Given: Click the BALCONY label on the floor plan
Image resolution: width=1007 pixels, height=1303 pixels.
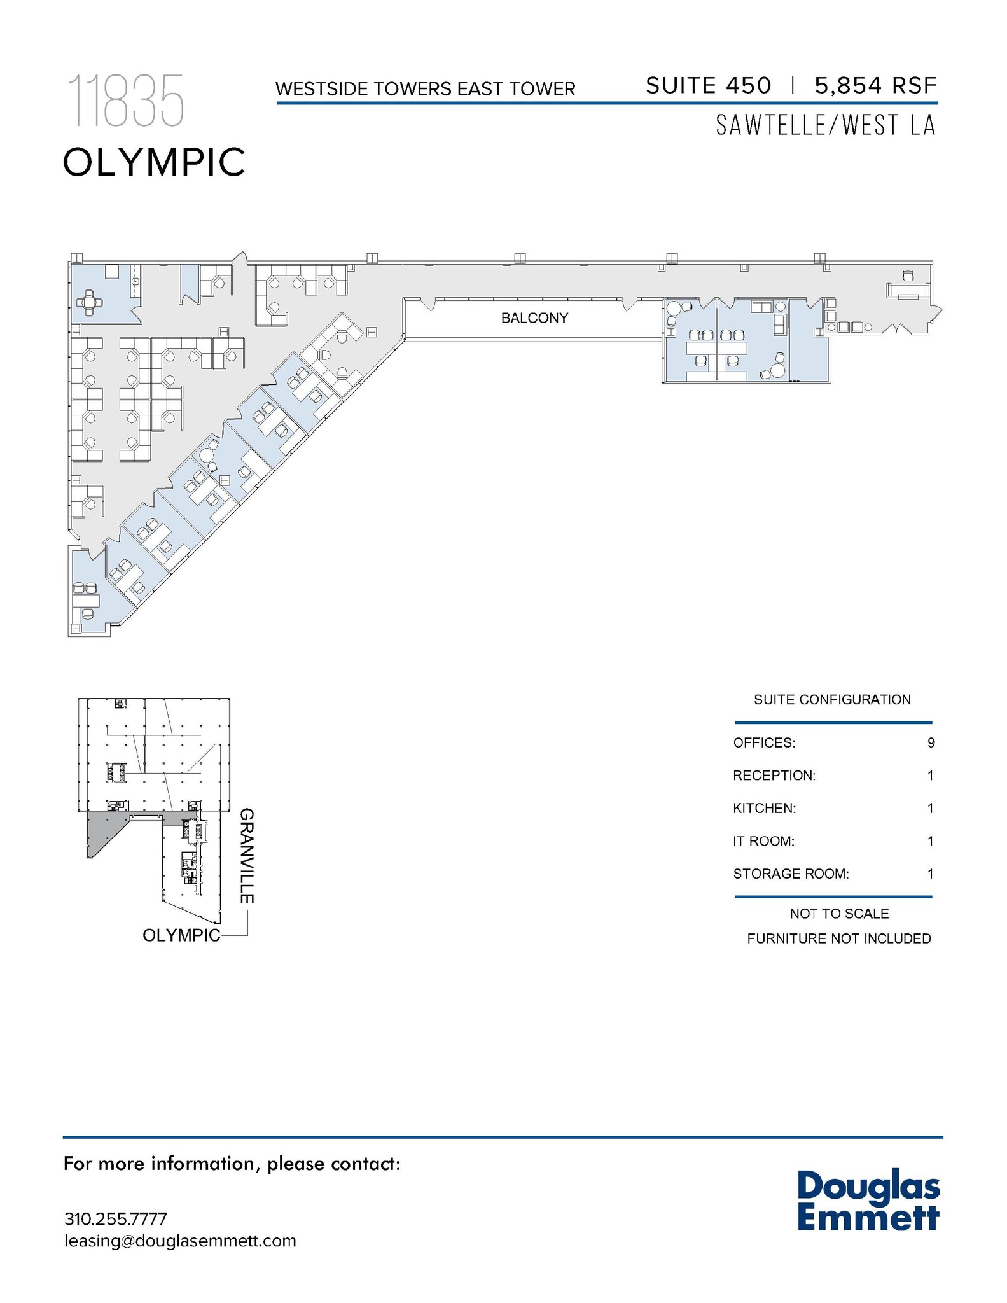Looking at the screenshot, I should (534, 318).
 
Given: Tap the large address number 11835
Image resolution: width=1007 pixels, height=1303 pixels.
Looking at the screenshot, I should (125, 101).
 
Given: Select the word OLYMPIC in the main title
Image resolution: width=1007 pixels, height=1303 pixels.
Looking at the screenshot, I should (154, 162).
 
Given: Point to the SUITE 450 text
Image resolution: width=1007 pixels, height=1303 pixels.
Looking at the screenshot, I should (708, 85).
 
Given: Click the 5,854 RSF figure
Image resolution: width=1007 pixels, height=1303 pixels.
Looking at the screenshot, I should (875, 85).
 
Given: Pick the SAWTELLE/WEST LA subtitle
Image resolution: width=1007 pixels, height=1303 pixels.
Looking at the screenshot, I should (826, 125).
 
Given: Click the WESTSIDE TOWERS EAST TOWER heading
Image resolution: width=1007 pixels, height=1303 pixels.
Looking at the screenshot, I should (426, 89).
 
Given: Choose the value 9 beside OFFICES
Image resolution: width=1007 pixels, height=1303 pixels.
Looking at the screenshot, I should (931, 742).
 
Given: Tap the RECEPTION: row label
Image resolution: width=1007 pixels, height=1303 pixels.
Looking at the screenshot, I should (774, 776).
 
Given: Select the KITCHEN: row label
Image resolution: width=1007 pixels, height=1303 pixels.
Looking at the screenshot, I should (765, 809).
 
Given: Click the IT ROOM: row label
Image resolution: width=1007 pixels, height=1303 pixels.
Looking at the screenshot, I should (763, 841).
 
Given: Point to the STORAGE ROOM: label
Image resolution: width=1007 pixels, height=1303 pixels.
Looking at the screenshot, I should (791, 874).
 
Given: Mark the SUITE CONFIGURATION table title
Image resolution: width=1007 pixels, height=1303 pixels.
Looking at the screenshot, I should (832, 700).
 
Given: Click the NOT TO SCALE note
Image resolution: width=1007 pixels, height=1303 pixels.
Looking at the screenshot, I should (839, 914).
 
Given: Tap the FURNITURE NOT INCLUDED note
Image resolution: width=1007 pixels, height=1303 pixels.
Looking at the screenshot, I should (839, 938).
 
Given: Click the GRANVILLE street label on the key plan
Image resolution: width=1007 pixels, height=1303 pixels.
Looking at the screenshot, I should (247, 856).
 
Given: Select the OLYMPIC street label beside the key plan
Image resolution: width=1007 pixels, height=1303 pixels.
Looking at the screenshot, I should (181, 935).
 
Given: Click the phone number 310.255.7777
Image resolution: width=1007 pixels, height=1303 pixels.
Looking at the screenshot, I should (116, 1219).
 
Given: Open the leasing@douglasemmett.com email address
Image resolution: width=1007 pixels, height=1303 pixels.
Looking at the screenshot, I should (180, 1241).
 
